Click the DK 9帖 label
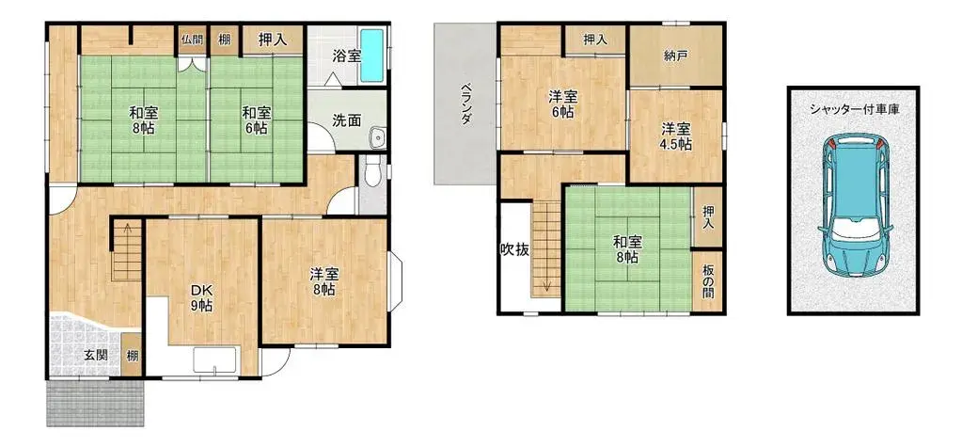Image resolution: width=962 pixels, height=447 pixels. [202, 297]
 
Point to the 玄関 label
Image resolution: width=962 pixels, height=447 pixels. [94, 355]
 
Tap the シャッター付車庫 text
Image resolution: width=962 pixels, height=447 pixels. [854, 110]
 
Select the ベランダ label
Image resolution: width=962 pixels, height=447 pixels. [465, 104]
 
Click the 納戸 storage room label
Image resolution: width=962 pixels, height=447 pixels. [676, 56]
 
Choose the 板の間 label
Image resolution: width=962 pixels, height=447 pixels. [708, 279]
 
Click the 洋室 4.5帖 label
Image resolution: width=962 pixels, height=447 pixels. [675, 136]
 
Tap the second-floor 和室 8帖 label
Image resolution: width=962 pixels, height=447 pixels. [628, 247]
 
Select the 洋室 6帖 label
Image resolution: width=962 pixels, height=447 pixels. [563, 104]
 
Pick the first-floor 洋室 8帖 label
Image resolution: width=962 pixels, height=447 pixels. [324, 282]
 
